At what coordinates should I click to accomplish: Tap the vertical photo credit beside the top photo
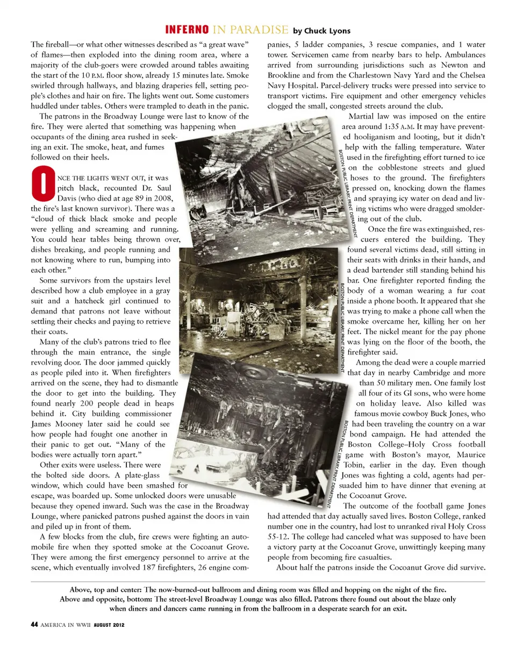click(343, 193)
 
